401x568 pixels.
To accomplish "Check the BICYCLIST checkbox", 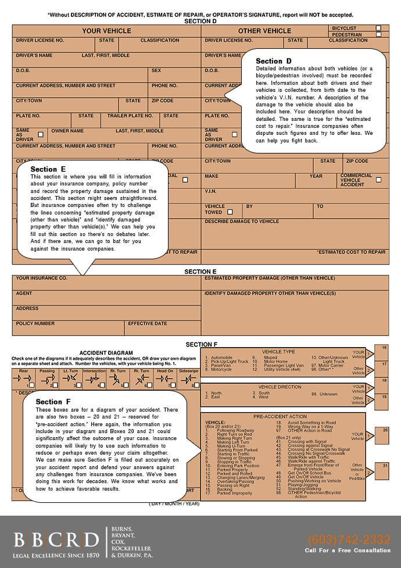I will pos(378,28).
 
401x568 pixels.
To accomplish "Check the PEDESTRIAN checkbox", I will pos(378,35).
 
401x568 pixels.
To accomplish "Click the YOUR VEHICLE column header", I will pos(106,31).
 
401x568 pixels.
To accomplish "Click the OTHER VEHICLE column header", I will pos(264,31).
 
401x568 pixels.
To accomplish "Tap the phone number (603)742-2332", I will pos(349,539).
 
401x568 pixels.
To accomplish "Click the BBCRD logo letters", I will pos(56,540).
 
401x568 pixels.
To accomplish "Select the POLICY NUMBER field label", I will pos(35,323).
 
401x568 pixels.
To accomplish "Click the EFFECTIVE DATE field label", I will pos(148,323).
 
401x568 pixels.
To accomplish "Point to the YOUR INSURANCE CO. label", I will pos(41,278).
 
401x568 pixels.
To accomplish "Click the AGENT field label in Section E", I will pos(24,293).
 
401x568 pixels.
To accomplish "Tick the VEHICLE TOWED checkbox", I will pos(230,212).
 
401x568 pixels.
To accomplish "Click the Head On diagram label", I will pos(165,370).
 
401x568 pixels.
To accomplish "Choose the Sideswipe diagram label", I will pos(188,370).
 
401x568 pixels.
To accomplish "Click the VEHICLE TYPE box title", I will pos(278,352).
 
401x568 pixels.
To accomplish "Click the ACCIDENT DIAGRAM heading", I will pos(106,353).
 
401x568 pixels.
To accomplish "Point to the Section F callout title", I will pos(53,402).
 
